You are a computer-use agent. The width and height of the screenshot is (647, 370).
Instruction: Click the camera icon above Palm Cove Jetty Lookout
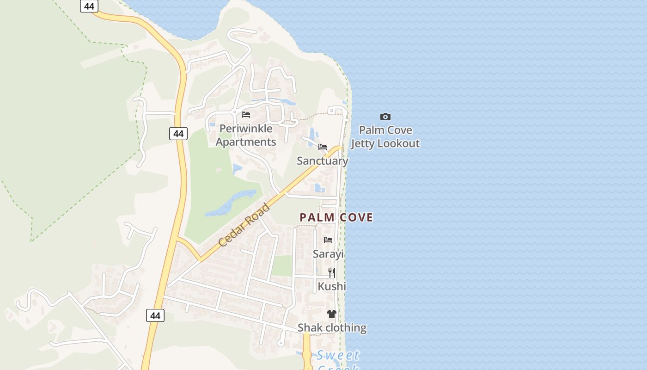tap(385, 117)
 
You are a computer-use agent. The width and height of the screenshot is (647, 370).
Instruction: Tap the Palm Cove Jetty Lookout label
tap(385, 137)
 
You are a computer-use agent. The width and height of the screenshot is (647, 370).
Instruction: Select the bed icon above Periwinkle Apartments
tap(246, 114)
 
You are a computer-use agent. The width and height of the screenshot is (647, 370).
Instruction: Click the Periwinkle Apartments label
tap(246, 135)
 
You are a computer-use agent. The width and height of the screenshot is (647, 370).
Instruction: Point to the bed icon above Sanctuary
tap(323, 147)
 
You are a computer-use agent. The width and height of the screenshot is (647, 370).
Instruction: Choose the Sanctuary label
tap(323, 161)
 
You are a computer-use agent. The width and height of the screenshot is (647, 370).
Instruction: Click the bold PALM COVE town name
tap(336, 217)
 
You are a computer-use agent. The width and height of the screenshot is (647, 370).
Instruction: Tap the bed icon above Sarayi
tap(328, 240)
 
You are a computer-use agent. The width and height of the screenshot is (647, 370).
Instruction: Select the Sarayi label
tap(328, 254)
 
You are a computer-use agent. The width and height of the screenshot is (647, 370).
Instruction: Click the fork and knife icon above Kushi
tap(332, 272)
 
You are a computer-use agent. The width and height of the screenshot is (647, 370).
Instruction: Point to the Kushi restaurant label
tap(332, 286)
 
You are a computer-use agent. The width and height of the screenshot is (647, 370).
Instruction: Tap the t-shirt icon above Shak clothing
tap(331, 314)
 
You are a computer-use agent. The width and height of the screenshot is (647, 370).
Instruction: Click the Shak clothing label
tap(332, 328)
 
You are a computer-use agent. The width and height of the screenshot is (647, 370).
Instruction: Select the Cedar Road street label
tap(244, 225)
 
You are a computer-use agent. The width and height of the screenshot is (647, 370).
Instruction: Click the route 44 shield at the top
tap(89, 6)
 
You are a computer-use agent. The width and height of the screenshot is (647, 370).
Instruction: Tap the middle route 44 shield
tap(178, 134)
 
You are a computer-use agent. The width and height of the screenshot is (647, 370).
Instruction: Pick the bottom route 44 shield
tap(155, 315)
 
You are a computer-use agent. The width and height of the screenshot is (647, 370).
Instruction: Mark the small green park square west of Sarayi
tap(281, 265)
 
